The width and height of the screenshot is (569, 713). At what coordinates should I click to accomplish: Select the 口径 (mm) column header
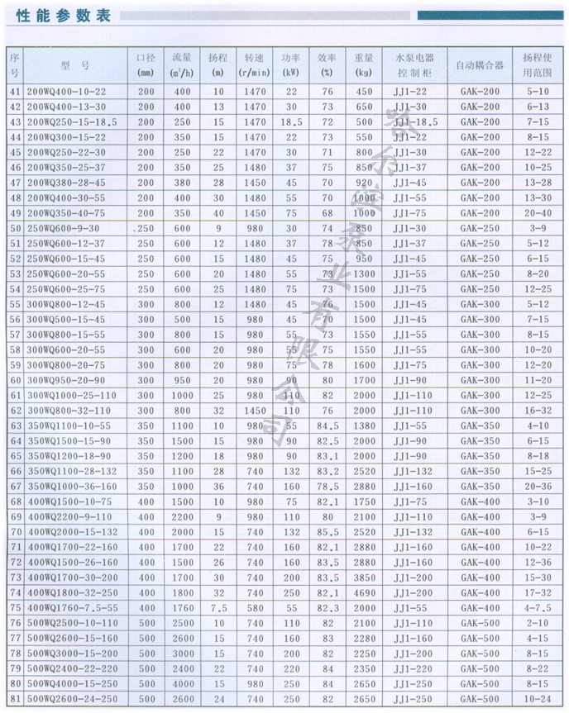point(146,64)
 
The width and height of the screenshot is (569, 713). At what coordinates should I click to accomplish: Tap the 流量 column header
point(182,64)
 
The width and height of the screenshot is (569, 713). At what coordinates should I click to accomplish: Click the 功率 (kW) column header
point(290,64)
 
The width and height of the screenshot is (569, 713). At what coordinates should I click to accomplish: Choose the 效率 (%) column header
point(327,64)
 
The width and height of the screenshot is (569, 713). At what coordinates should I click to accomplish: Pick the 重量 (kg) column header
point(364,64)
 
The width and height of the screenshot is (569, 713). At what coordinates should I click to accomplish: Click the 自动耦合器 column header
point(480,64)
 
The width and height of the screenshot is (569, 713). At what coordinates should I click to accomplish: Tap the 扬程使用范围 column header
point(537,64)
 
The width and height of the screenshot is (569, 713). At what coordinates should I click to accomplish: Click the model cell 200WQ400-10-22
point(67,92)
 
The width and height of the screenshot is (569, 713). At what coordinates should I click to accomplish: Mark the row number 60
point(15,379)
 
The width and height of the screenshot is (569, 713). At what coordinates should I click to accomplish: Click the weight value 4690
point(364,592)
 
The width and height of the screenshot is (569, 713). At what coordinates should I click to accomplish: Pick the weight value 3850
point(364,578)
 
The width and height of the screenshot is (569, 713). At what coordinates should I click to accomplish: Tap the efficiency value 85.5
point(328,531)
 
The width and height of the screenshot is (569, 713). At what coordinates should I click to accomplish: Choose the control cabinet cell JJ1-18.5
point(414,122)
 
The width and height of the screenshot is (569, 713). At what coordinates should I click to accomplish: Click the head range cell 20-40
point(537,212)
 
